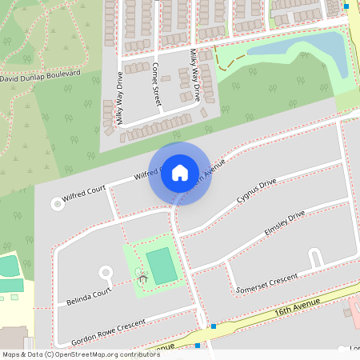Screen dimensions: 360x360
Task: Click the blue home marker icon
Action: pyautogui.click(x=180, y=172)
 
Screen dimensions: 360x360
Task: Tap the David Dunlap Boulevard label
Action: pyautogui.click(x=41, y=76)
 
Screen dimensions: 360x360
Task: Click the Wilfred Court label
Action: pyautogui.click(x=85, y=192)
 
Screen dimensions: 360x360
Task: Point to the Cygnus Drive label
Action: pyautogui.click(x=256, y=193)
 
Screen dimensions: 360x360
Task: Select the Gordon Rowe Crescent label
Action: pyautogui.click(x=109, y=327)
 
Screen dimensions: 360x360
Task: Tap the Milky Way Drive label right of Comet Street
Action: pyautogui.click(x=194, y=74)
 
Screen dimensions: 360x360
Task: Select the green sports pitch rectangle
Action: pyautogui.click(x=162, y=266)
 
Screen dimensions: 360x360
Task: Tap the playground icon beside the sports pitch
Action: pyautogui.click(x=142, y=278)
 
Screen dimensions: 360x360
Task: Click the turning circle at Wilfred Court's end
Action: pyautogui.click(x=58, y=204)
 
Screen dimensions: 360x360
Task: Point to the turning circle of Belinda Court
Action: pyautogui.click(x=106, y=273)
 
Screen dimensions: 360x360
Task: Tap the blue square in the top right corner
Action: pyautogui.click(x=346, y=6)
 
